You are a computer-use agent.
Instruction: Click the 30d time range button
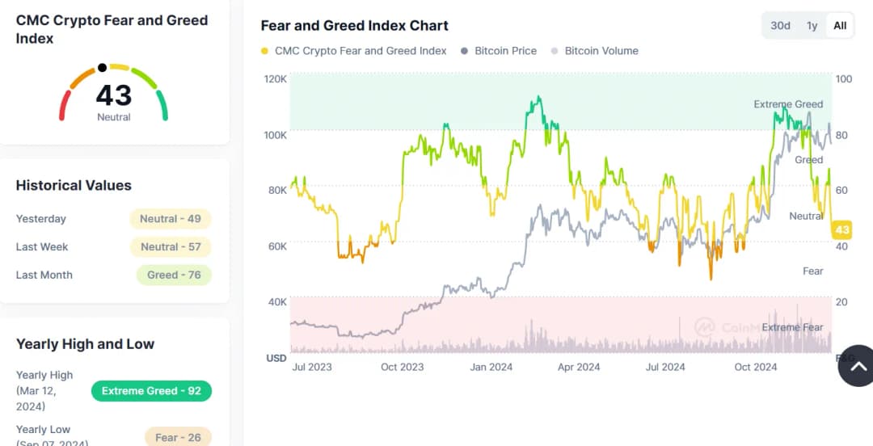(x=780, y=25)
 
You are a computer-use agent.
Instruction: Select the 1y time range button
(x=812, y=25)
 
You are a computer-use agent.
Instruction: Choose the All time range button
(x=840, y=25)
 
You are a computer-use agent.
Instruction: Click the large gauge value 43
(x=113, y=95)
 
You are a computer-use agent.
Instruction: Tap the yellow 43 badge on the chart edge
(x=842, y=230)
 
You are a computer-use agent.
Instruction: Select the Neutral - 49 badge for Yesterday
(x=170, y=219)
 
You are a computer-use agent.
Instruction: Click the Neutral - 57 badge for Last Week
(x=170, y=247)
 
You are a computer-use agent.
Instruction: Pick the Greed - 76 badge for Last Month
(x=173, y=276)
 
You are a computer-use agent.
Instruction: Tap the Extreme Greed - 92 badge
(x=151, y=391)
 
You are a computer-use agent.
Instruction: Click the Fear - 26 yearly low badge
(x=178, y=437)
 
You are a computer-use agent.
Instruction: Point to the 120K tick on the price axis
(x=276, y=79)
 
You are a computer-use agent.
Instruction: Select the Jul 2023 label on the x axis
(x=311, y=367)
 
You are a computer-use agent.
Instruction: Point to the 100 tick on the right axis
(x=843, y=79)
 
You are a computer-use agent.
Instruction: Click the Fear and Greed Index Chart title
(x=354, y=26)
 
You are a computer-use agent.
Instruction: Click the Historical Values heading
(x=74, y=186)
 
